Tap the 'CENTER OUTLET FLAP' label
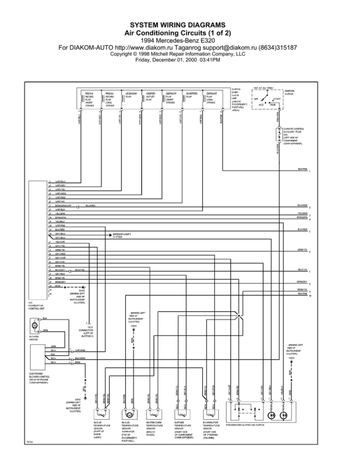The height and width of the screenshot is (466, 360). coord(151,97)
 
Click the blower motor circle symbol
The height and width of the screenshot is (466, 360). coord(34,324)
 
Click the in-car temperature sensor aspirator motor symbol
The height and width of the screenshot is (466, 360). coord(128,415)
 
